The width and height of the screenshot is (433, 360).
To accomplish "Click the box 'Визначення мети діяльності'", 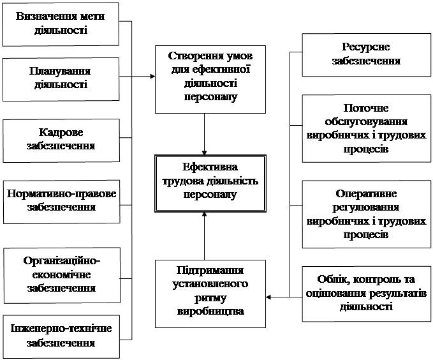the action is (61, 23).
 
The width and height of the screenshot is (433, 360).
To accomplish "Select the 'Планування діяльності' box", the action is (61, 77).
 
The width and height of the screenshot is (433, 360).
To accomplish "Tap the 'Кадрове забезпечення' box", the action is (61, 139).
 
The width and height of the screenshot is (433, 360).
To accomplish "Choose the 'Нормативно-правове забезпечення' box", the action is (61, 199).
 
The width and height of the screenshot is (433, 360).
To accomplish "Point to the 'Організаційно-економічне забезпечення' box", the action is (61, 274).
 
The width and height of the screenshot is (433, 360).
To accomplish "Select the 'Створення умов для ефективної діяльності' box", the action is (203, 77).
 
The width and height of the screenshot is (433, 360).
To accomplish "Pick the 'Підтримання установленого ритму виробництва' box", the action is (203, 290).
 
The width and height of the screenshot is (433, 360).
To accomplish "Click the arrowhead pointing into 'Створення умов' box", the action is (152, 77).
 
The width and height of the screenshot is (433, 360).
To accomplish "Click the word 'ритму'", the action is (203, 297).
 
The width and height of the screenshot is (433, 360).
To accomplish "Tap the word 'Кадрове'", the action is (61, 132).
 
